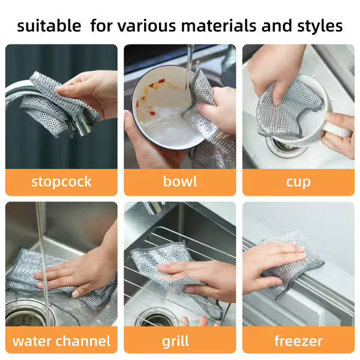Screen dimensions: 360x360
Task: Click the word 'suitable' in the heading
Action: (x=49, y=26)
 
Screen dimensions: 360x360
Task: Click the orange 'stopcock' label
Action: (x=61, y=182)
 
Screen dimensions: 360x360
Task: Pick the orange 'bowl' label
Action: (x=180, y=182)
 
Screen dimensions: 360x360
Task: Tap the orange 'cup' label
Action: (x=298, y=182)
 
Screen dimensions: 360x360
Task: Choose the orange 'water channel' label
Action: (x=61, y=341)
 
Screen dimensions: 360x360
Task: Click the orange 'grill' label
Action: (x=180, y=341)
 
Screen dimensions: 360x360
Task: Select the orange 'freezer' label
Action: (x=298, y=341)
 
